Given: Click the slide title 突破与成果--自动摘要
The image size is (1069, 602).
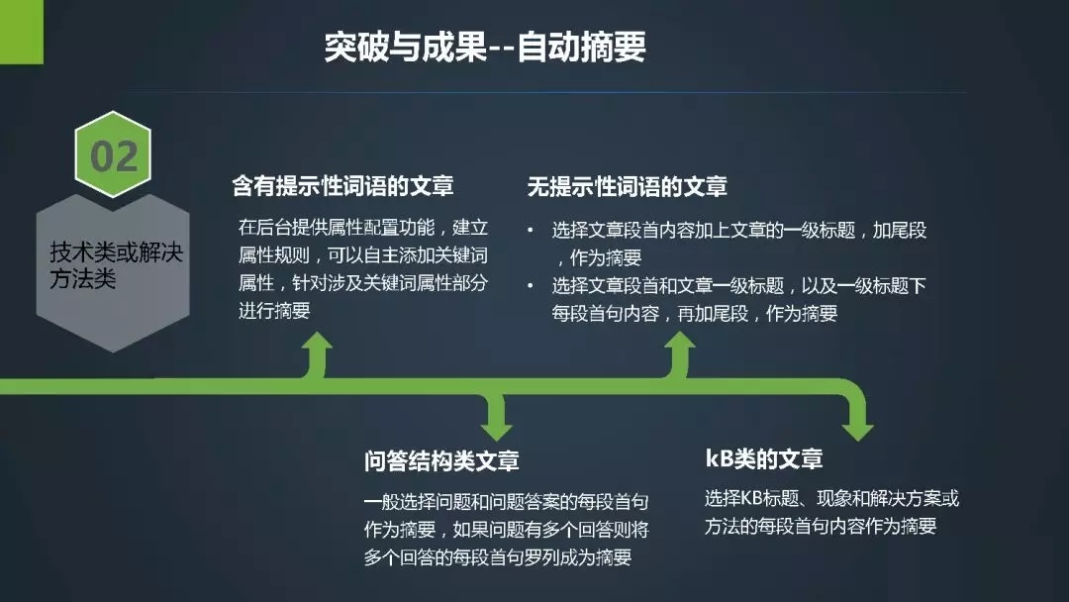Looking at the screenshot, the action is (x=485, y=48).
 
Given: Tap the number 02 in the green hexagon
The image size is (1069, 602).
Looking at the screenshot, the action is (x=114, y=156).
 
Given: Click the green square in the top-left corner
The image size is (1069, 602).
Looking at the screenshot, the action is (x=21, y=32).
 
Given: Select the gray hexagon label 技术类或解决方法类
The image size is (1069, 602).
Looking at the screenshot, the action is (x=116, y=265).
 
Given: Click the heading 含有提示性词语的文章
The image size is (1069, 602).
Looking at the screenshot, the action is (x=342, y=185).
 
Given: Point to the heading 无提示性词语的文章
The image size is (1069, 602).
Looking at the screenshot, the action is (x=628, y=186).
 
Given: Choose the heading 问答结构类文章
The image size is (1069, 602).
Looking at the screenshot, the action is (x=441, y=460).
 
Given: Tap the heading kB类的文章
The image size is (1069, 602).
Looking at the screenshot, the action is (x=763, y=458).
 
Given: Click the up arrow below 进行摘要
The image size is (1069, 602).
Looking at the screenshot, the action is (x=317, y=354).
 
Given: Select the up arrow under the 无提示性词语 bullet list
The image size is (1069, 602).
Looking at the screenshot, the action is (x=680, y=354).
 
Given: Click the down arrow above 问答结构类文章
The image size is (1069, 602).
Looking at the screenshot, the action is (x=496, y=417).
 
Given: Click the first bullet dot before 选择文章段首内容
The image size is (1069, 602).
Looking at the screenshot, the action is (x=531, y=230).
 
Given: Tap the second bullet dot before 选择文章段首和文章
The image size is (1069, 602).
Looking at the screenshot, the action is (x=531, y=285).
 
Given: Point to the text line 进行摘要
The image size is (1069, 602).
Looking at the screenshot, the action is (x=274, y=310).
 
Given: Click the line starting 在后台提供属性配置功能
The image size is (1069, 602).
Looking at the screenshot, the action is (x=363, y=227).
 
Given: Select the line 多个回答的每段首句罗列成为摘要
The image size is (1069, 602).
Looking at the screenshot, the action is (x=498, y=557).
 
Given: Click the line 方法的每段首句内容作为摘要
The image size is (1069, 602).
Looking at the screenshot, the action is (x=821, y=526).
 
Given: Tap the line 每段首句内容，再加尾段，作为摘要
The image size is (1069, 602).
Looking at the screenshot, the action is (x=695, y=313).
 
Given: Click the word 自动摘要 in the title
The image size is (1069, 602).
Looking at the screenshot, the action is (x=582, y=48).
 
